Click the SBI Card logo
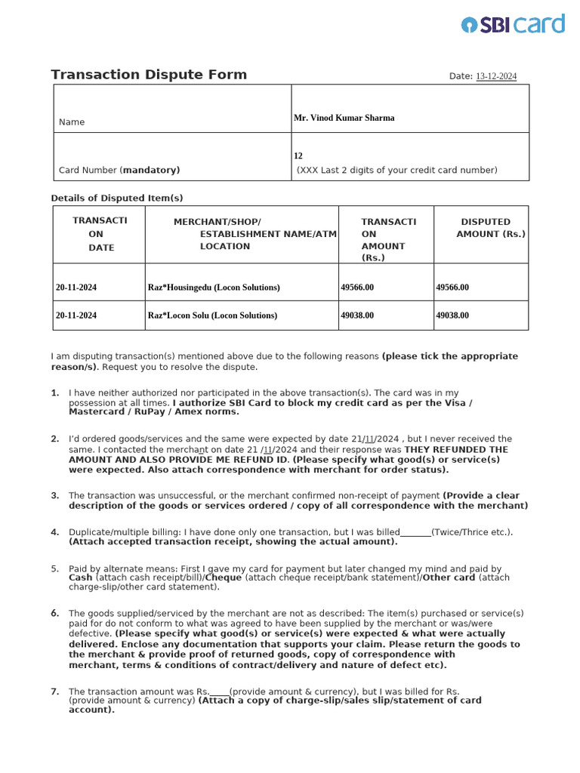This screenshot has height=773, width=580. coord(513,24)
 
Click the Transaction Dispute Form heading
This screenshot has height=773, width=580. coord(149,75)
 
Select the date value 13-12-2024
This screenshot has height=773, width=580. coord(496,76)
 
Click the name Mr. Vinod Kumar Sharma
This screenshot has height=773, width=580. coord(344,118)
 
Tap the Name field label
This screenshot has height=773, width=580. coord(72,122)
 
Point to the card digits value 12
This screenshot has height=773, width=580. coord(298,156)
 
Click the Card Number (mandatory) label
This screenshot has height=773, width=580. coord(119,170)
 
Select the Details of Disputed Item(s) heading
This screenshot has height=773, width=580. coord(116,198)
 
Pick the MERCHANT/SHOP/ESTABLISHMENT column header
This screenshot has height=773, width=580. coord(242,234)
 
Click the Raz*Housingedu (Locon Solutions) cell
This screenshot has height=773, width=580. coord(214,288)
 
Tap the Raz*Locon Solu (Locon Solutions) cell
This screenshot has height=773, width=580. coord(212,316)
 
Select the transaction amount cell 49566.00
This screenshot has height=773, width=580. coord(357,288)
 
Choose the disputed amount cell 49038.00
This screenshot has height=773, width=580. coord(452,316)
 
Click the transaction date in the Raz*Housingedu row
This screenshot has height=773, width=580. coord(76,288)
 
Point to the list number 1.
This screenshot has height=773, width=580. coord(54,393)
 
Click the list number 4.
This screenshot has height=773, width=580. coord(54,532)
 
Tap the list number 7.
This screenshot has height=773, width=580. coord(54,691)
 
